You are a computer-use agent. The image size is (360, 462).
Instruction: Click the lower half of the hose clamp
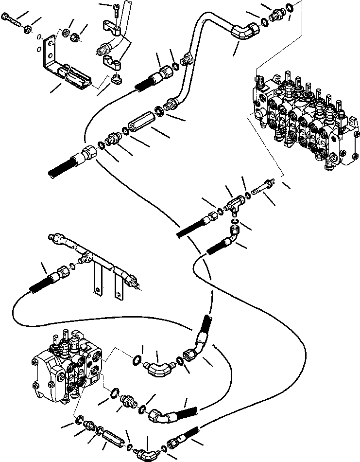[113, 62]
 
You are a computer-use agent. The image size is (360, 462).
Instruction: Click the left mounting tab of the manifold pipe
[96, 280]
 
